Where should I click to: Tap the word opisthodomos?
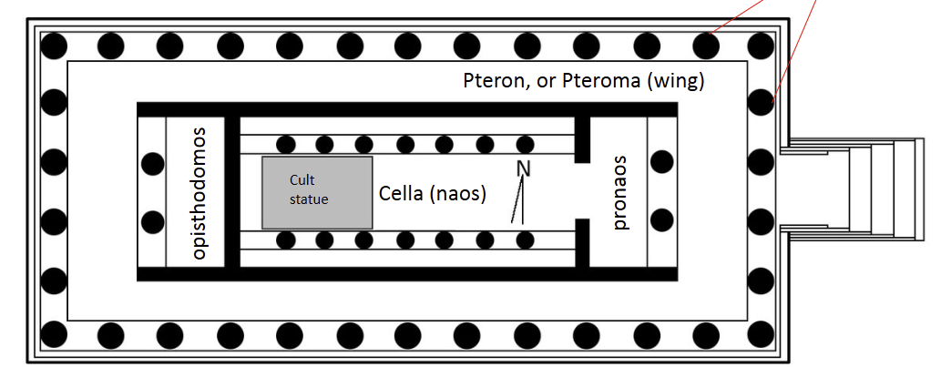pos(200,193)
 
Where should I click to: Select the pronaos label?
pos(621,192)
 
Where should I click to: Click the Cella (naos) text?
pos(432,194)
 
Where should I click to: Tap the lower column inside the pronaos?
pos(662,220)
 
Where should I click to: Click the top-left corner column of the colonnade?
pos(55,44)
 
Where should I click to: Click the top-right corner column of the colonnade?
pos(760,44)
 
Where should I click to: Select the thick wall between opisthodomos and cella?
pos(232,191)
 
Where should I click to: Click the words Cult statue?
pos(308,189)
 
